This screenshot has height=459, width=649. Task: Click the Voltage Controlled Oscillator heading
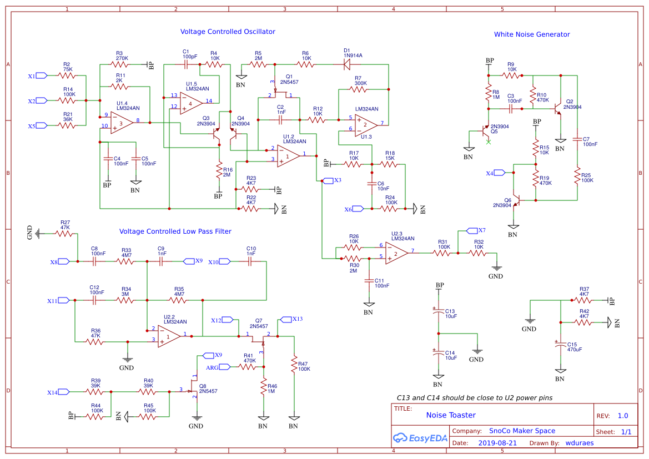(x=228, y=32)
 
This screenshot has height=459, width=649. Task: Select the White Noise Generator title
(x=532, y=34)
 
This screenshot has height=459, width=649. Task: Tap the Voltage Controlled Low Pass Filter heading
(x=175, y=231)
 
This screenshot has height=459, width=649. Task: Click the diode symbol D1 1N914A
(x=347, y=64)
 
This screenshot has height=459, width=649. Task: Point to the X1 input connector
(x=42, y=75)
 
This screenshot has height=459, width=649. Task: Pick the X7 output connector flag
(x=472, y=230)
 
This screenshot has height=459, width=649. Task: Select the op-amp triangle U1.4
(x=122, y=123)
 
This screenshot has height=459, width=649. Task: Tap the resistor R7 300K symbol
(x=358, y=89)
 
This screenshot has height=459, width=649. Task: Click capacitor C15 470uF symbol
(x=560, y=344)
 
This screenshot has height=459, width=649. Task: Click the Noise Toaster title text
(x=451, y=415)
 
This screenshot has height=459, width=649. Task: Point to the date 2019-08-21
(x=497, y=443)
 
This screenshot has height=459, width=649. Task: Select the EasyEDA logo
(x=420, y=438)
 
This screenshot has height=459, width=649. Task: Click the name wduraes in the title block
(x=580, y=443)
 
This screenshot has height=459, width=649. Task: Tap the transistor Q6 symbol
(x=515, y=200)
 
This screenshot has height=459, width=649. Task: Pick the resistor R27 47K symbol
(x=64, y=234)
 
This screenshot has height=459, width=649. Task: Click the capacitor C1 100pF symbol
(x=186, y=64)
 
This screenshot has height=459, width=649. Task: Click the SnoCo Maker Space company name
(x=522, y=431)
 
